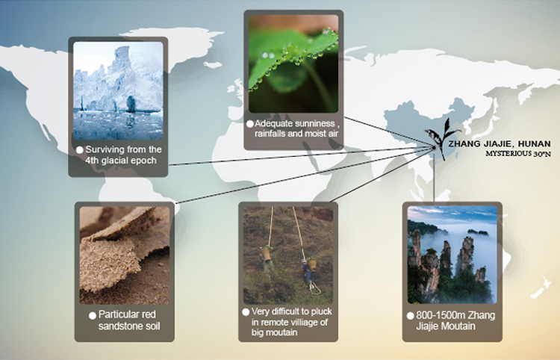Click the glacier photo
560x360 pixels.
118,90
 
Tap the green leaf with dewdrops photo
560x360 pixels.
293,64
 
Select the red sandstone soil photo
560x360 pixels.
124,255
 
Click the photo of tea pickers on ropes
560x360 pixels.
288,255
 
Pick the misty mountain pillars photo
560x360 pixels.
452,255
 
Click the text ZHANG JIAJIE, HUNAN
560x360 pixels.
500,144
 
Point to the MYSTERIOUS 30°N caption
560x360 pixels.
518,154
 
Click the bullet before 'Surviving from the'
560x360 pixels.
80,150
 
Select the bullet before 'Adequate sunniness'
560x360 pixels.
250,124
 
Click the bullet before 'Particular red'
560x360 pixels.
93,315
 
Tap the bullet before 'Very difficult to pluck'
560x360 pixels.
246,312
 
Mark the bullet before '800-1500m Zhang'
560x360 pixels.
410,316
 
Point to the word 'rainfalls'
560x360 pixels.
270,134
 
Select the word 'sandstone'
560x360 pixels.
119,326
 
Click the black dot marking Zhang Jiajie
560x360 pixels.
434,147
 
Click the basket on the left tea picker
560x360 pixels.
265,254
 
